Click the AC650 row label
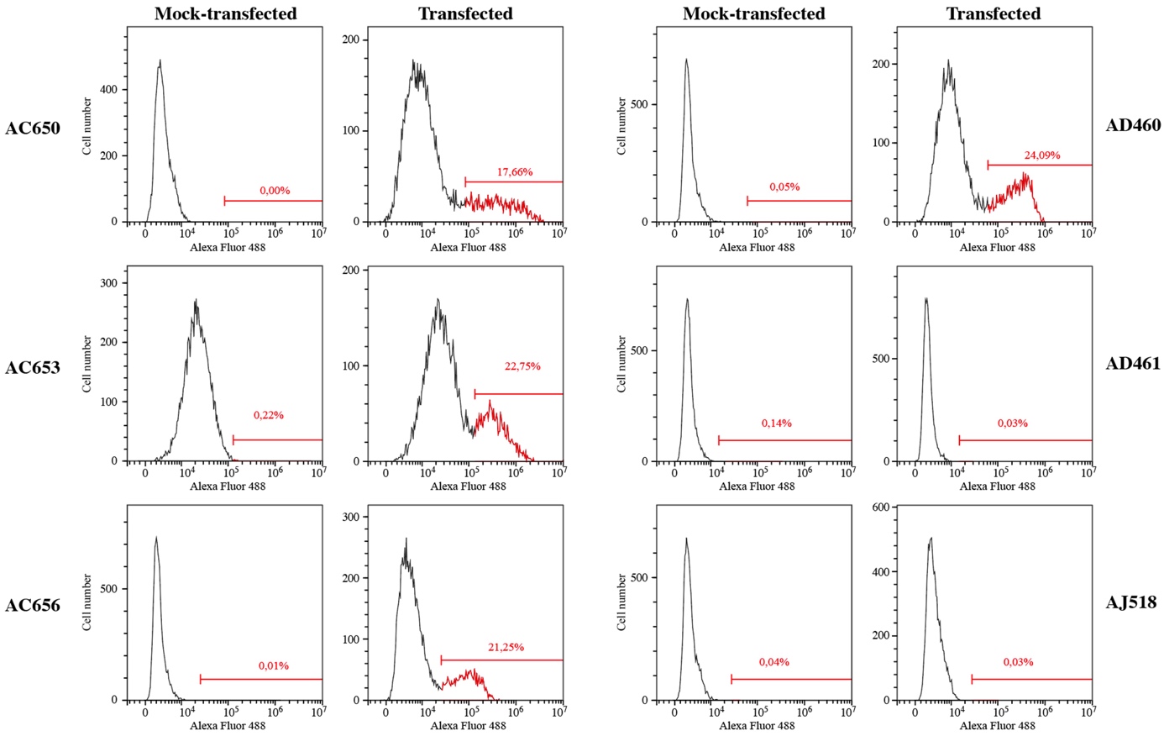coord(33,128)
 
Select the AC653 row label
coord(33,367)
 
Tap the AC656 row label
coord(33,605)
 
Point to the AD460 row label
coord(1133,125)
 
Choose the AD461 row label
coord(1133,363)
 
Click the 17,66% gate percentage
coord(515,172)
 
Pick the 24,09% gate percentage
coord(1041,155)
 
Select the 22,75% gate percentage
coord(522,366)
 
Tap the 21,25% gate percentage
coord(506,647)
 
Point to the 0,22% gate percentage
coord(269,415)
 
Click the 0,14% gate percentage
coord(777,423)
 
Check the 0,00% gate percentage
coord(275,191)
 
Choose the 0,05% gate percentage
coord(784,187)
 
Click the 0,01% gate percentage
coord(274,666)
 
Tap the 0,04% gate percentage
coord(774,662)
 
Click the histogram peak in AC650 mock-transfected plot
coord(160,60)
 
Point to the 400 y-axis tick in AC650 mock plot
coord(111,90)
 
